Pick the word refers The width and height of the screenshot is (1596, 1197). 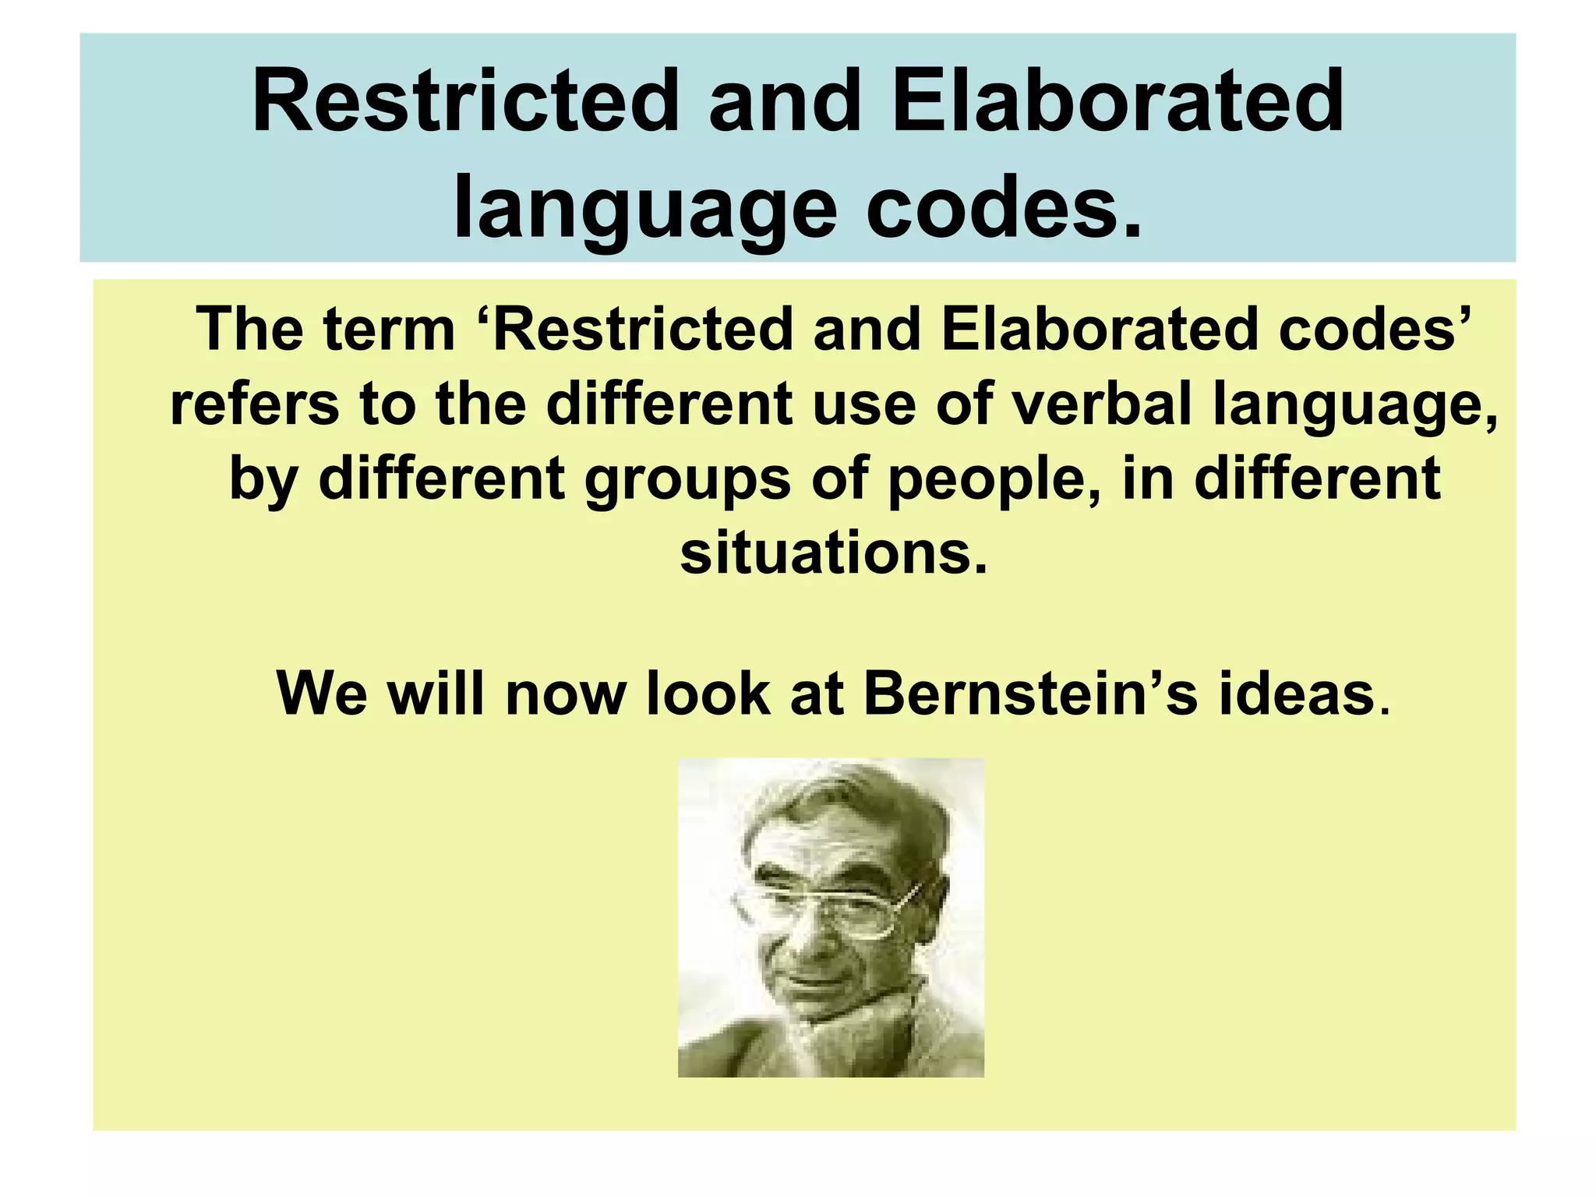click(254, 405)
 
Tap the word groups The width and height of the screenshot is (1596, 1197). click(687, 480)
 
